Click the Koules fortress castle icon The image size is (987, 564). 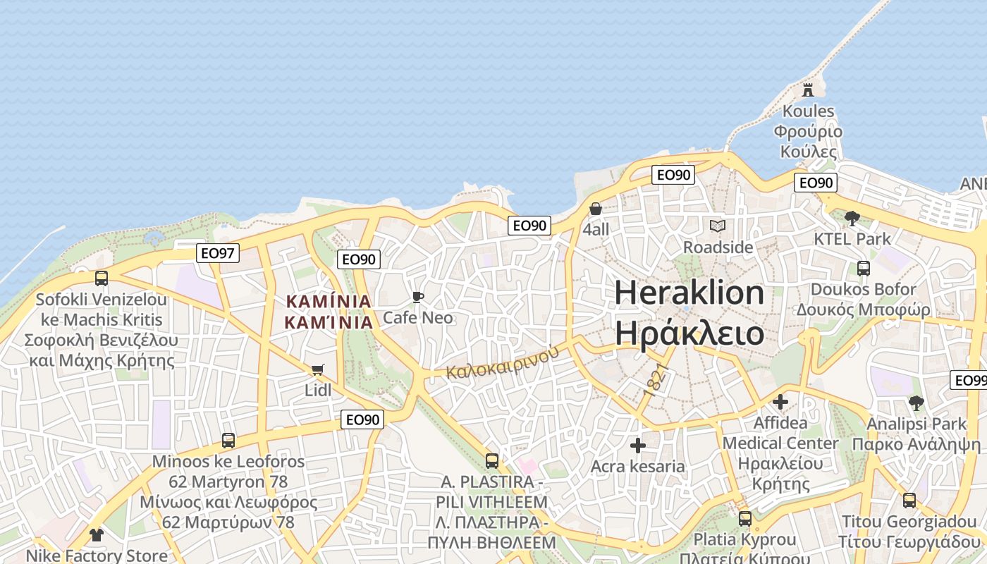click(x=808, y=90)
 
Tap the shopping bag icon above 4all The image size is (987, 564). click(x=596, y=209)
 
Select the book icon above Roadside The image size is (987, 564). click(x=717, y=226)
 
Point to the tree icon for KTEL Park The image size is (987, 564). click(x=852, y=218)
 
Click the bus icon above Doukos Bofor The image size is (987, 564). click(x=863, y=268)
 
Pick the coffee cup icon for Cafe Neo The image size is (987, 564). click(x=418, y=297)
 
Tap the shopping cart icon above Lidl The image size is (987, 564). click(x=318, y=369)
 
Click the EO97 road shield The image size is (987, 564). click(x=218, y=252)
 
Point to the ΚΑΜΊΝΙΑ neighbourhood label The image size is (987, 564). click(x=329, y=302)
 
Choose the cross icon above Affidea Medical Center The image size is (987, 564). click(x=780, y=402)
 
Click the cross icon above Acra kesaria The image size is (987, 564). click(x=638, y=446)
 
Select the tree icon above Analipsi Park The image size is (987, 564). click(x=916, y=403)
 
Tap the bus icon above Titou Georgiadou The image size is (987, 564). click(x=909, y=501)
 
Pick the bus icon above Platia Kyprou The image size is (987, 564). click(x=744, y=519)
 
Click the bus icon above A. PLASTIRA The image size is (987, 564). click(x=492, y=461)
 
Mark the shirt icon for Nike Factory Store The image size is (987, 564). click(x=97, y=535)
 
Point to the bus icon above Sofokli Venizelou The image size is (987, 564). click(x=102, y=278)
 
